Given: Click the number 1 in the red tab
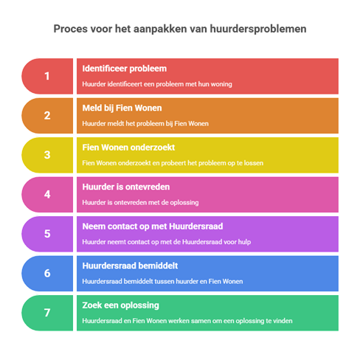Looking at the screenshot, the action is (x=47, y=76).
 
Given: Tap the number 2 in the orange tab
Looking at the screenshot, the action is (x=47, y=116).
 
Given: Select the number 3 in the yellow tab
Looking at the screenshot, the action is (x=47, y=155).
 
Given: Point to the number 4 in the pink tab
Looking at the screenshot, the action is (x=47, y=195).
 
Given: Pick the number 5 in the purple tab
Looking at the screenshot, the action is (x=47, y=234).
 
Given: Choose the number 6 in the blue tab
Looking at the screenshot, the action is (x=47, y=273).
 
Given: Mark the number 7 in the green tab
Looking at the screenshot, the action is (x=47, y=313).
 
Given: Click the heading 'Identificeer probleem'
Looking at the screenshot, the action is (x=125, y=69).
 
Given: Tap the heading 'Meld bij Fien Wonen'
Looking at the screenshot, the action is (x=122, y=108).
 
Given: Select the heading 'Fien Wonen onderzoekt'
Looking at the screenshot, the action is (x=128, y=148).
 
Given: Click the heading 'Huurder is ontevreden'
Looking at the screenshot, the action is (x=126, y=187).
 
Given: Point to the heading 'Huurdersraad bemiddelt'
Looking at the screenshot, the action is (x=130, y=266).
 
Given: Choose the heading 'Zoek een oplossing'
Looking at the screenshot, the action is (x=121, y=305).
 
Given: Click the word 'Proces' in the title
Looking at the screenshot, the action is (x=71, y=29).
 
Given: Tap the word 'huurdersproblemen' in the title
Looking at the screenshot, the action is (x=258, y=29).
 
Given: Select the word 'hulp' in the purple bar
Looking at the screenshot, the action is (x=244, y=242).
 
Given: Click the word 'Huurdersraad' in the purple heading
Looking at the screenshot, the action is (x=196, y=227).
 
